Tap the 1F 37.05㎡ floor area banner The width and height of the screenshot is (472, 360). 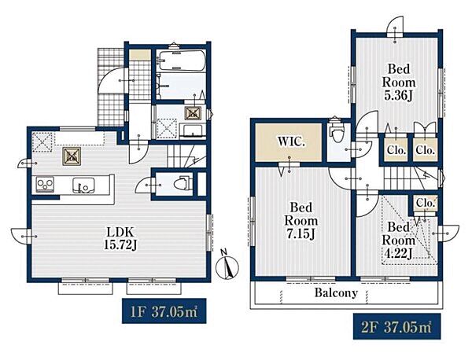164,310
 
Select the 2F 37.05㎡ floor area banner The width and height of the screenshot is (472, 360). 396,326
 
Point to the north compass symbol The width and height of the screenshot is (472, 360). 227,265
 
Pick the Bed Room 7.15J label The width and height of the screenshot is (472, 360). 301,221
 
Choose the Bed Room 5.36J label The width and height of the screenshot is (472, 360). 399,82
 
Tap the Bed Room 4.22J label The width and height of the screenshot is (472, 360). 399,241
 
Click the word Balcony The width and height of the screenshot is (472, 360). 336,292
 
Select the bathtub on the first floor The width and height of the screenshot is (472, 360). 183,61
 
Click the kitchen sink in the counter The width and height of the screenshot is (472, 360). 83,185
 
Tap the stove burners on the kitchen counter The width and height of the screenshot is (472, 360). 45,184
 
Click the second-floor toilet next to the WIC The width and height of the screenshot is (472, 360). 335,133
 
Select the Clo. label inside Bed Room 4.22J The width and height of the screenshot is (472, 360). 425,204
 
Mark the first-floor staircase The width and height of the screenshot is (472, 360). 186,156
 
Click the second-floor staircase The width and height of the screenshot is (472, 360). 411,178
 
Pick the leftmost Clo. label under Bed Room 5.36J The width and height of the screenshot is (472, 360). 396,150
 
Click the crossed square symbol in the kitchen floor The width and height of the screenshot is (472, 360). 72,156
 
